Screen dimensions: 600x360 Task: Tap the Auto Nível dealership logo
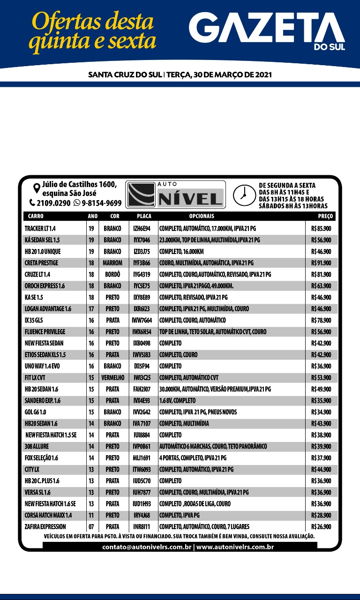tap(176, 195)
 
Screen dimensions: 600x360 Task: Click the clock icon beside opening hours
tap(242, 194)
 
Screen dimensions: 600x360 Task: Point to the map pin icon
tap(36, 189)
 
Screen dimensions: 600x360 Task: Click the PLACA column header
tap(144, 217)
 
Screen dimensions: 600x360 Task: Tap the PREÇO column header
tap(325, 217)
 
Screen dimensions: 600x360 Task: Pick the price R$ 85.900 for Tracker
tap(321, 228)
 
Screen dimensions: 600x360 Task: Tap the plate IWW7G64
tap(142, 320)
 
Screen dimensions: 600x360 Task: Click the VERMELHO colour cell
tap(112, 378)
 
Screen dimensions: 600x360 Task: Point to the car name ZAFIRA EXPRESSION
tap(45, 527)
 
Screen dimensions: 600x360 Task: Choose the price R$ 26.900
tap(321, 527)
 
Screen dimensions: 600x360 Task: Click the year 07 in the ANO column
tap(91, 527)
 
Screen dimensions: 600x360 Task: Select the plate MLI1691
tap(142, 458)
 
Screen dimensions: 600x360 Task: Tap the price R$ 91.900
tap(321, 263)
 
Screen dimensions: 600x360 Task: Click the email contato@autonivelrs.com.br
tap(146, 547)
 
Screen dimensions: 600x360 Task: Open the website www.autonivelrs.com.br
tap(235, 547)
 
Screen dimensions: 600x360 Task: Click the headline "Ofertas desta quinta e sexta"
tap(92, 31)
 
